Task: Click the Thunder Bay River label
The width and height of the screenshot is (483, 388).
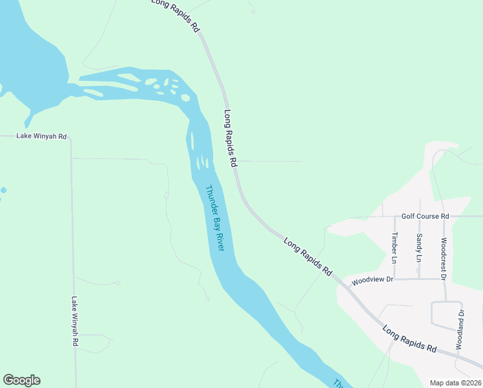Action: [x=214, y=219]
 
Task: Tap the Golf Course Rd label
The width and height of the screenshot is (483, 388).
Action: [x=425, y=216]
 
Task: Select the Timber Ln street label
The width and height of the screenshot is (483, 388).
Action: [x=395, y=248]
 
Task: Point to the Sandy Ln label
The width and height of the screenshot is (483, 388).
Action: [x=419, y=248]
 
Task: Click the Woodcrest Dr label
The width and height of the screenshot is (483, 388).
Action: [x=444, y=258]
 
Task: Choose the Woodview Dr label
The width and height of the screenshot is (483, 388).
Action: [x=372, y=280]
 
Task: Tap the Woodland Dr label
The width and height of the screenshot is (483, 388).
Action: [x=460, y=330]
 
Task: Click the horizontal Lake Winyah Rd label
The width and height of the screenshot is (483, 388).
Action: [x=41, y=136]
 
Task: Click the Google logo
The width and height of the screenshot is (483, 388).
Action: [x=21, y=380]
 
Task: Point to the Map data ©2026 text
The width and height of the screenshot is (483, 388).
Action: [x=455, y=383]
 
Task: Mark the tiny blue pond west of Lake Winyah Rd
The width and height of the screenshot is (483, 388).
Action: [x=3, y=191]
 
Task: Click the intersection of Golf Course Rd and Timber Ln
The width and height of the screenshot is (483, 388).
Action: [x=395, y=216]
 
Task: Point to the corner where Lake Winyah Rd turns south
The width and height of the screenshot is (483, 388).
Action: [x=71, y=137]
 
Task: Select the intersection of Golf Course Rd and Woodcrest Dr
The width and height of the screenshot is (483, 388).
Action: [x=444, y=216]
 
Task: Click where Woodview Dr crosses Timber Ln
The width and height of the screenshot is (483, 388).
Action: [x=395, y=279]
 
